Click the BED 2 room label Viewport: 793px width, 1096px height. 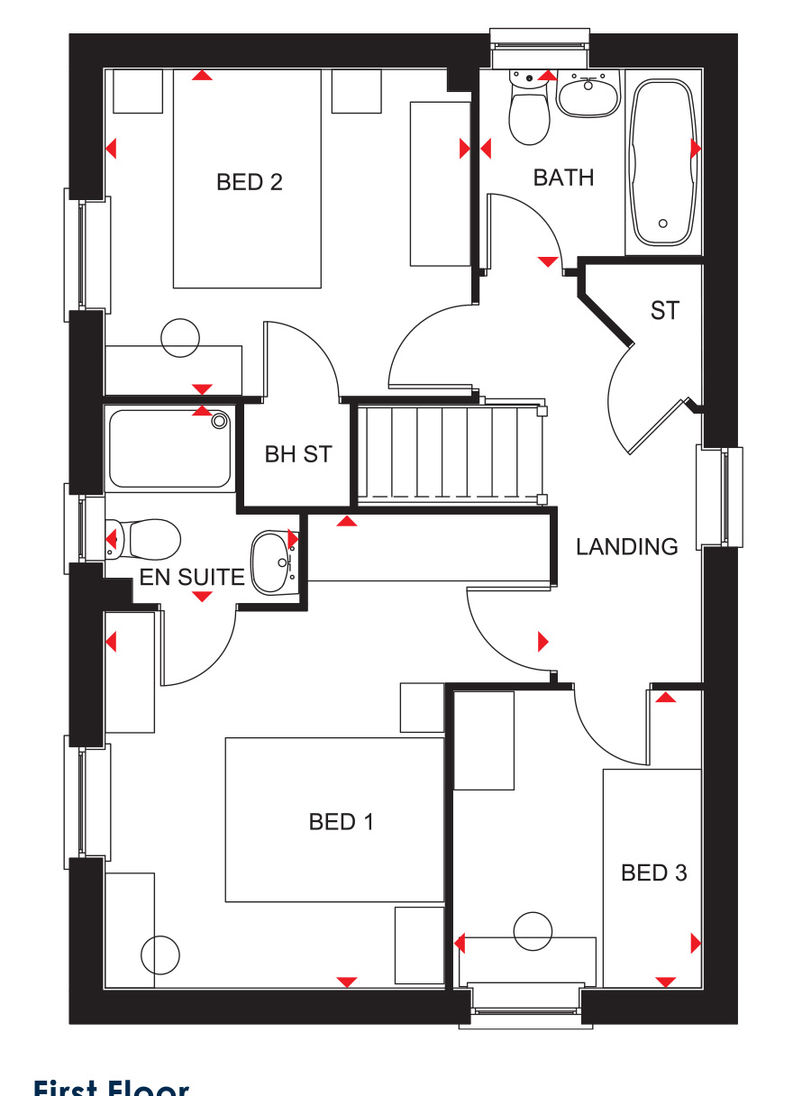[x=250, y=182]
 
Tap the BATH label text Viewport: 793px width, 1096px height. [x=563, y=178]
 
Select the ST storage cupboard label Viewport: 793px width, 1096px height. [x=664, y=311]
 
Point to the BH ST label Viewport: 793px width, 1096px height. [x=298, y=454]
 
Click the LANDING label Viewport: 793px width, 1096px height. [x=627, y=546]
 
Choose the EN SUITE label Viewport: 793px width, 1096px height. [x=191, y=577]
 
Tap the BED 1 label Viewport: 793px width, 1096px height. [x=341, y=822]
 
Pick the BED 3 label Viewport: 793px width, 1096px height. [x=653, y=872]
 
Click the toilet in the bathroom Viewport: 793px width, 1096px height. [x=529, y=112]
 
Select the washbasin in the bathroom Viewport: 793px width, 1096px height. [x=588, y=94]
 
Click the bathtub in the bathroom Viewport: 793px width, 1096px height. [x=663, y=162]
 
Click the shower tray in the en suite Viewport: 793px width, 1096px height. [x=169, y=448]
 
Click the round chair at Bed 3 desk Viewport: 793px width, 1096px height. [x=533, y=931]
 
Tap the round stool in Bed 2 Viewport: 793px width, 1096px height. [x=179, y=338]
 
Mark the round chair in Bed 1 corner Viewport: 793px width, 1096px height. [x=160, y=954]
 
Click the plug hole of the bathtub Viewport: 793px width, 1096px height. [x=663, y=224]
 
